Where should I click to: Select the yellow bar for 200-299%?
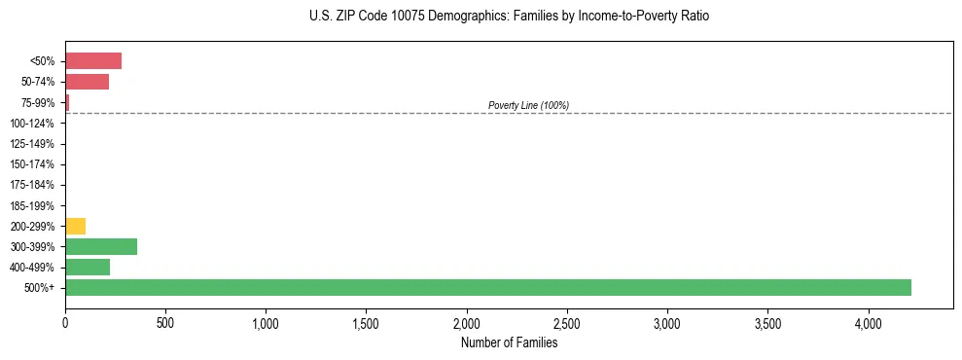75,226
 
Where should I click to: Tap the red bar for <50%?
93,61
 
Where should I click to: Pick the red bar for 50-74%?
87,82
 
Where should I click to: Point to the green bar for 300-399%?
101,246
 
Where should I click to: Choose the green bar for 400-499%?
88,267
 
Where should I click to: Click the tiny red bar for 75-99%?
67,102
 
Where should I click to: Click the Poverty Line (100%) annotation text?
528,105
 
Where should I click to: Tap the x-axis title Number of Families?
509,342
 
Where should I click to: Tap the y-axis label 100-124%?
32,124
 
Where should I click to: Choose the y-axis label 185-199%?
32,205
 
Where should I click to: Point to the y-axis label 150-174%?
32,164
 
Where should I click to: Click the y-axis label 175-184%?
32,185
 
